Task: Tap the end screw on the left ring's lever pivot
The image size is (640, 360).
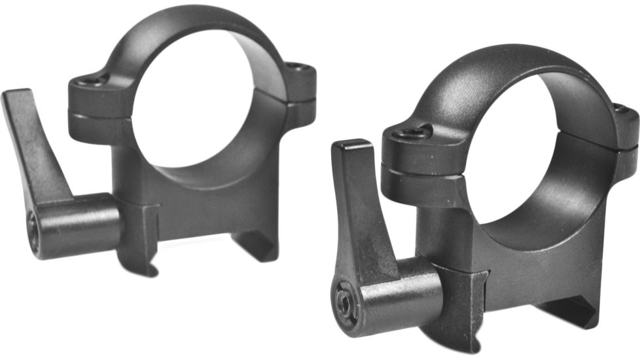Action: [x=33, y=226]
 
